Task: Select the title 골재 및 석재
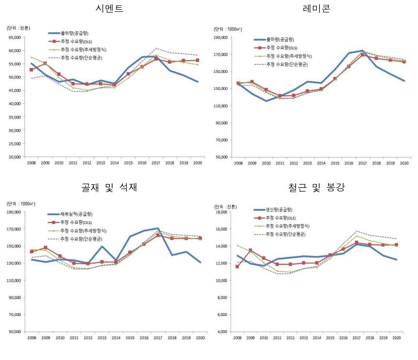109,187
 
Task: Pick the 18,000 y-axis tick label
222,213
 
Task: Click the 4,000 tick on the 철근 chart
223,332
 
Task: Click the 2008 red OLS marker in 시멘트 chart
32,70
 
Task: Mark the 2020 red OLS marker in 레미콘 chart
404,75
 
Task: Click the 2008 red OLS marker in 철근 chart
237,267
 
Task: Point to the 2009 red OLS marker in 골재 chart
46,247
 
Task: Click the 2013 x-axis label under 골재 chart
101,338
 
